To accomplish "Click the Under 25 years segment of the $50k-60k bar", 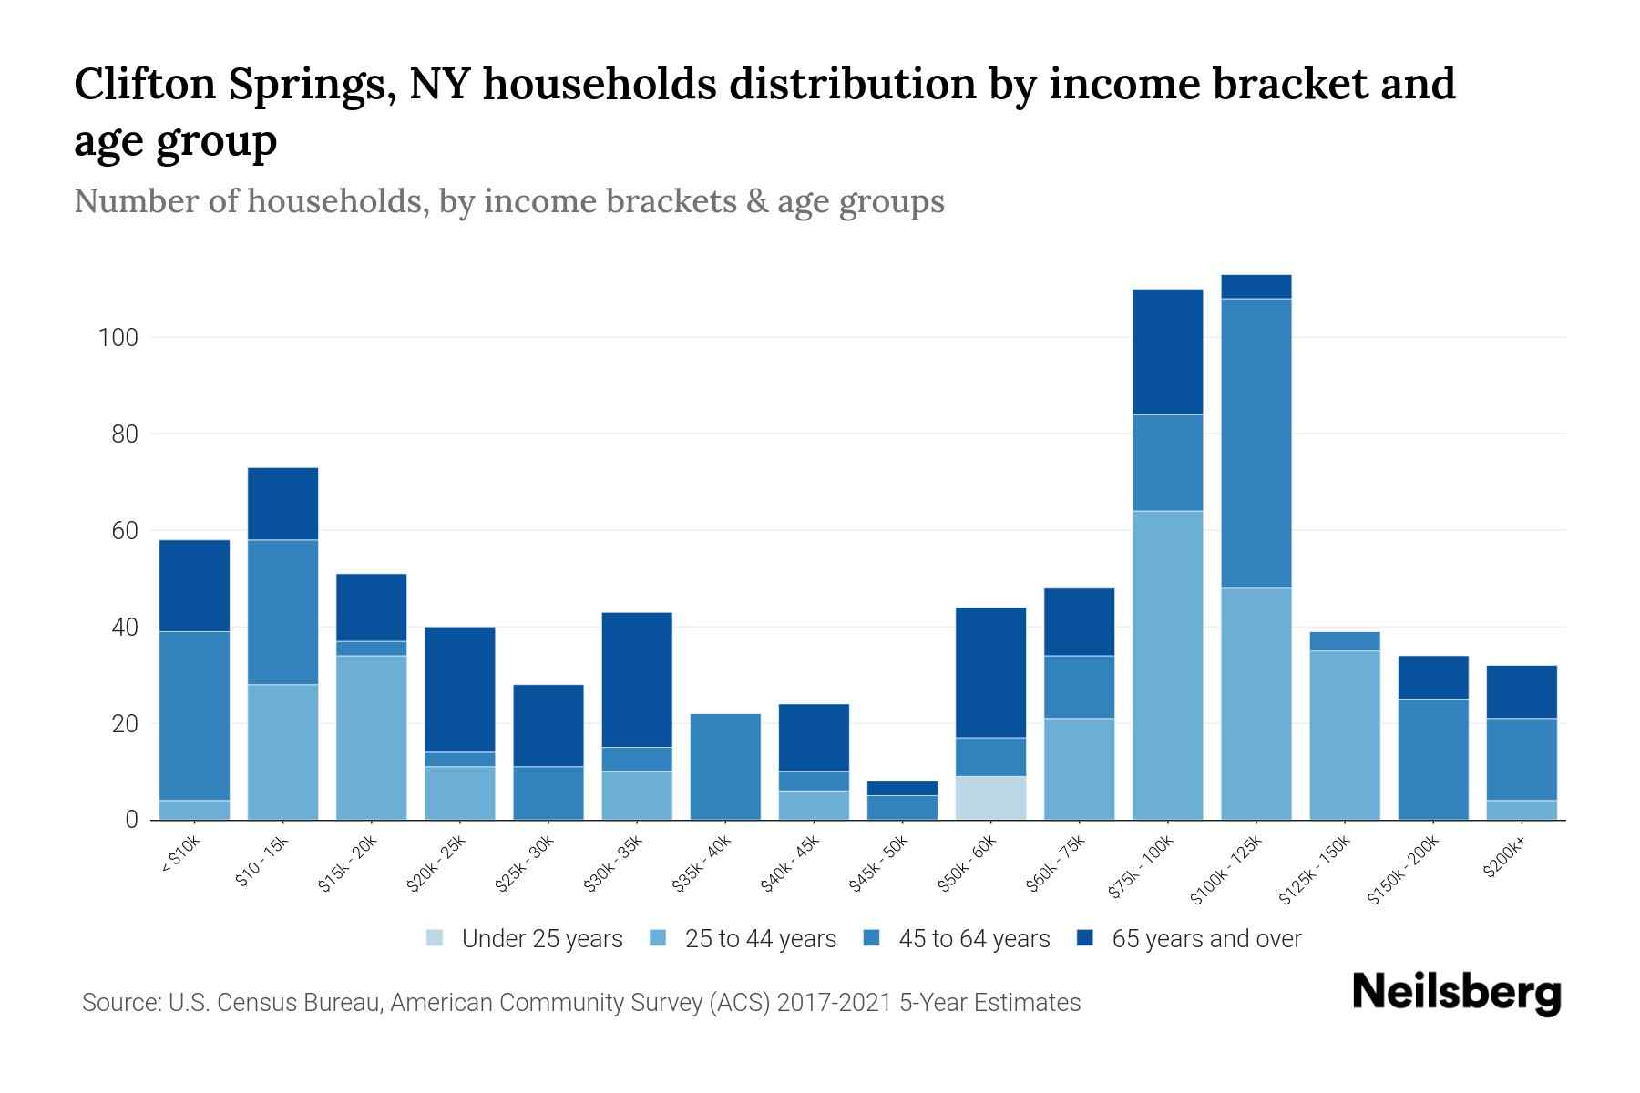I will [x=990, y=798].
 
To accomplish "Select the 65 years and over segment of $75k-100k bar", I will [x=1167, y=352].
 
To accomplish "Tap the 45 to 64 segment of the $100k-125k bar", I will [x=1256, y=443].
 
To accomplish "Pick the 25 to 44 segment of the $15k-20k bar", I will [x=371, y=738].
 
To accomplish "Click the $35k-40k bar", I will [x=725, y=766].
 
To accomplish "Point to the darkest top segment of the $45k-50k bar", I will [x=902, y=788].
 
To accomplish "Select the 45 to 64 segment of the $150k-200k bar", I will [x=1432, y=759].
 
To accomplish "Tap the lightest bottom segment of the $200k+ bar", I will [x=1521, y=810].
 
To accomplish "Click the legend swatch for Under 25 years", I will [x=436, y=938].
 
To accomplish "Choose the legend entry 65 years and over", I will [x=1205, y=938].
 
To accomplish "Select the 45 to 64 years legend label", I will [x=973, y=938].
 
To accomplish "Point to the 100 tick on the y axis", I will [x=118, y=338].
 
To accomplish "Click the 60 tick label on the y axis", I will [x=124, y=531].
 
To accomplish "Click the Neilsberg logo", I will [x=1456, y=993].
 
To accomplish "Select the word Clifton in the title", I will [x=143, y=84].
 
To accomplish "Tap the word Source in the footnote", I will [x=120, y=1003].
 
